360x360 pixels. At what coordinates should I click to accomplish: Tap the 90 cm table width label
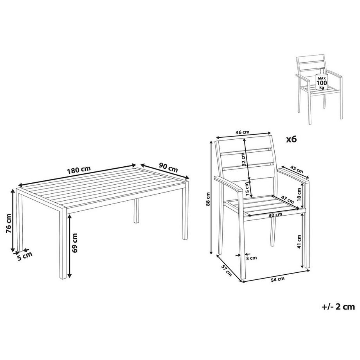pyautogui.click(x=168, y=167)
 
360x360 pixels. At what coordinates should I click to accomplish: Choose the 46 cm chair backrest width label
pyautogui.click(x=243, y=132)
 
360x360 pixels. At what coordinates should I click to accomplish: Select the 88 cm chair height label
pyautogui.click(x=209, y=199)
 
